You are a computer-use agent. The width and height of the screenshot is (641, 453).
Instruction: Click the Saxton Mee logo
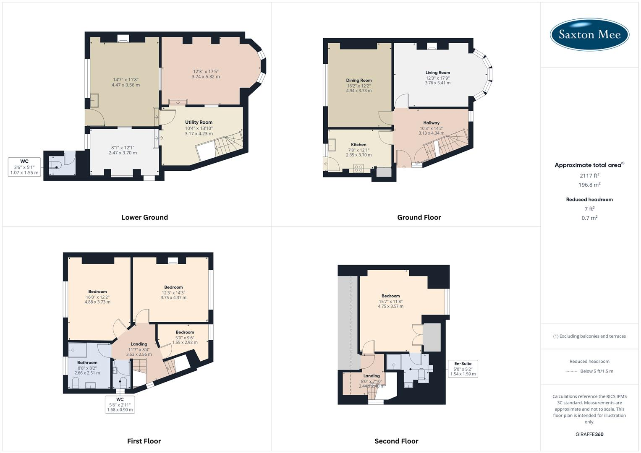589,34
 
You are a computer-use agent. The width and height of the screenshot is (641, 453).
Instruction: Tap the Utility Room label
199,122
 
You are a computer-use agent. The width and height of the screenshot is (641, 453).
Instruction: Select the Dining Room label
358,81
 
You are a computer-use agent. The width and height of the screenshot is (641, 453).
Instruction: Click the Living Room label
437,73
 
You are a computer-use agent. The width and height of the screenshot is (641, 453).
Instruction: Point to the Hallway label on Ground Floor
431,123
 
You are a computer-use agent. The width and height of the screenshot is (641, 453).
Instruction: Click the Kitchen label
358,145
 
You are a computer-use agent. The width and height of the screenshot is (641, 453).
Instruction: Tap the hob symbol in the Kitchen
358,168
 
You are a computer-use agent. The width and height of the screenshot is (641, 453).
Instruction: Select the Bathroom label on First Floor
87,362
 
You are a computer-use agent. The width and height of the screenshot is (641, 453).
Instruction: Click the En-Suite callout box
463,369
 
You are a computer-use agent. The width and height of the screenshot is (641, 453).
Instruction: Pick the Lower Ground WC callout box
24,167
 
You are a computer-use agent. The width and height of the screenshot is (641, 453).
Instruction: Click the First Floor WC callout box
120,404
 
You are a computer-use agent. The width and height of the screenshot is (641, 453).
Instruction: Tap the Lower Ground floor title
144,217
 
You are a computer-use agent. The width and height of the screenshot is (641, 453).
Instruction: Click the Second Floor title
396,441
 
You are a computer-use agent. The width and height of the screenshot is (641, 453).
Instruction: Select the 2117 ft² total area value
589,175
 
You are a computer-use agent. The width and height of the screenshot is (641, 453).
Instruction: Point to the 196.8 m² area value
589,185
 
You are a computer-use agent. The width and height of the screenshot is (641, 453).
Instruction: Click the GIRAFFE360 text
589,434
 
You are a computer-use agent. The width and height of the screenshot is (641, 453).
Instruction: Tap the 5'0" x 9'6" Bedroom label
185,337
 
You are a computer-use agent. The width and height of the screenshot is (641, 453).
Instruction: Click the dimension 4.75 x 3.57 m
390,306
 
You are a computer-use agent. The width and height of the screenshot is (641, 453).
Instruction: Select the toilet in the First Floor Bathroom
76,383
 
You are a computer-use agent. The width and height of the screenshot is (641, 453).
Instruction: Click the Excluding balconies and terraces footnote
589,336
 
